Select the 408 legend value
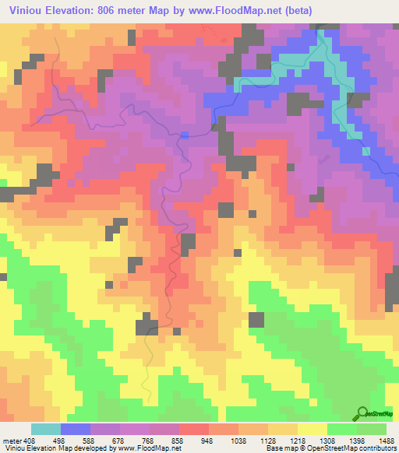(x=30, y=440)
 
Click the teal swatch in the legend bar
(x=46, y=429)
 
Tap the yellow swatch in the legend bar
(x=312, y=429)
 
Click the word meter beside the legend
(x=11, y=440)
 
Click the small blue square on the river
(x=185, y=135)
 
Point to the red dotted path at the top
(x=212, y=31)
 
